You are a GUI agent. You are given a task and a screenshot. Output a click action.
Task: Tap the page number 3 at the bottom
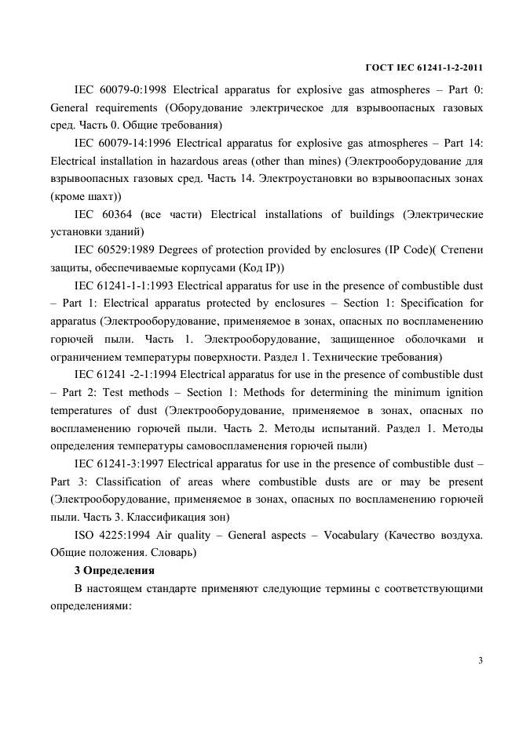coord(480,660)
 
